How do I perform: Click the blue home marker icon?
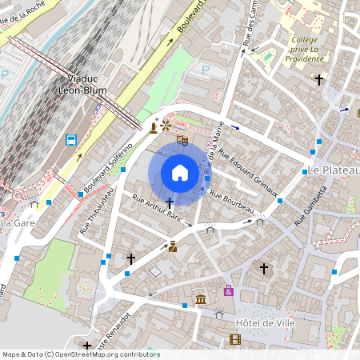tap(180, 173)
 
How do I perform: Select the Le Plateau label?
tap(334, 170)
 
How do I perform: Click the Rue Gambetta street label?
tap(311, 206)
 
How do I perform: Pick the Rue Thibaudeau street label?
tap(98, 212)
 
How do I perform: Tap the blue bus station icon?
tap(71, 139)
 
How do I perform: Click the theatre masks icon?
tap(182, 141)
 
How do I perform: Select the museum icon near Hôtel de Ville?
tap(199, 300)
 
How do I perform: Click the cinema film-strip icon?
tap(234, 339)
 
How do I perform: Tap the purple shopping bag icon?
tap(229, 290)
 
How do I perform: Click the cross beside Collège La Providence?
tap(319, 80)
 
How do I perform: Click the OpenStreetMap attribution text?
tap(80, 354)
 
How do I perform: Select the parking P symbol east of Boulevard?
tap(205, 70)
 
